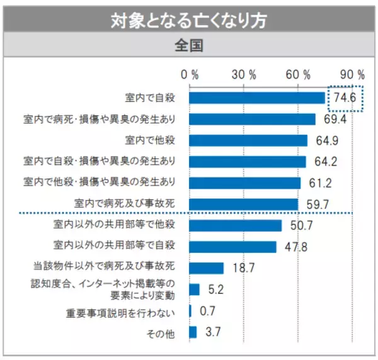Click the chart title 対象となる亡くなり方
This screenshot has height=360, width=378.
pyautogui.click(x=188, y=20)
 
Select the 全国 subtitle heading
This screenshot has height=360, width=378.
pyautogui.click(x=188, y=47)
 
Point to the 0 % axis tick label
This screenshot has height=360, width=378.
pyautogui.click(x=190, y=74)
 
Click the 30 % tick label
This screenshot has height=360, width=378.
pyautogui.click(x=244, y=74)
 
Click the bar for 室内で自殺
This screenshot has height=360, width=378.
pyautogui.click(x=256, y=98)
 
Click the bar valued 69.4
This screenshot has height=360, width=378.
pyautogui.click(x=252, y=120)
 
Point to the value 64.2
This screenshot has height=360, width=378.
pyautogui.click(x=326, y=162)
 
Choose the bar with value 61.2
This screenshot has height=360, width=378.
pyautogui.click(x=244, y=183)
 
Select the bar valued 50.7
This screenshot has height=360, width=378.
pyautogui.click(x=235, y=225)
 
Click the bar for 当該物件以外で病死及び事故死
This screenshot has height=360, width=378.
pyautogui.click(x=206, y=268)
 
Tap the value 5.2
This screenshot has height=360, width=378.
pyautogui.click(x=215, y=290)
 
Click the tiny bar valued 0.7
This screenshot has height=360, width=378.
pyautogui.click(x=190, y=311)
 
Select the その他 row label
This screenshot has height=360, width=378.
pyautogui.click(x=163, y=332)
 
